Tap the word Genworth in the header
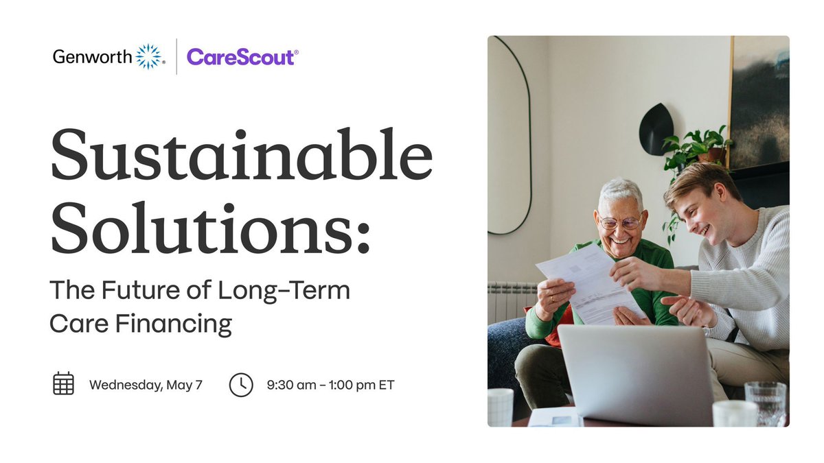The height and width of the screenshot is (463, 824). pos(92,57)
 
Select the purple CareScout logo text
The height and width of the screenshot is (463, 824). pos(240,57)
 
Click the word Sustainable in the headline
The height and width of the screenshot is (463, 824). pos(240,156)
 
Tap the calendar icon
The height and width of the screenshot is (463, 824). pos(63,383)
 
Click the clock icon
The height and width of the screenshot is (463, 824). pos(241,384)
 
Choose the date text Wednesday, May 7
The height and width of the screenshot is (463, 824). pos(146,385)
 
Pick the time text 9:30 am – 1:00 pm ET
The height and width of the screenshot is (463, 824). pos(330,385)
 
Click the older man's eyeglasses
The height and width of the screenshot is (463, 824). pos(619,222)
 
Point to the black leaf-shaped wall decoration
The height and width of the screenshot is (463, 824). pos(656,130)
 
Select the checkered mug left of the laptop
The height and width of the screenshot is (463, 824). pos(500,407)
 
